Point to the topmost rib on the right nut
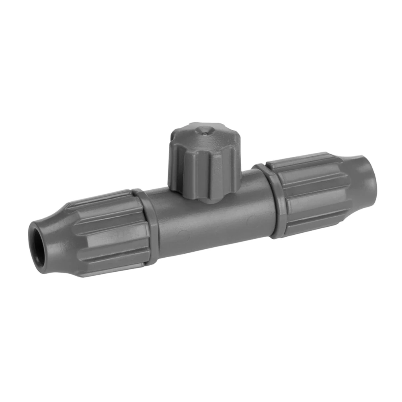301,159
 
